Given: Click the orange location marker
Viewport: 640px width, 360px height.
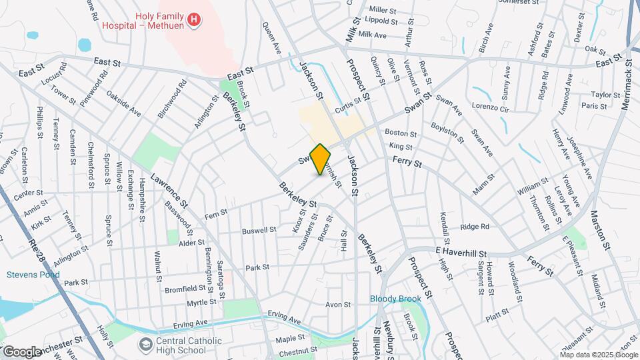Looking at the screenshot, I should (x=320, y=159).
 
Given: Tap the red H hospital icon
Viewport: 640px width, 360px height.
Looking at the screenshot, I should (x=194, y=21).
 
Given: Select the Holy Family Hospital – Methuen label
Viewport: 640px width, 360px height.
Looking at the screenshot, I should (x=143, y=20).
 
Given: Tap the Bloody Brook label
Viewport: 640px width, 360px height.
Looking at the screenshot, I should (x=396, y=299).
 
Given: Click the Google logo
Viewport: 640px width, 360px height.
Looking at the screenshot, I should (x=22, y=351).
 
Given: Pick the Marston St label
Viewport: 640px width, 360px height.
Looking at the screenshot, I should (x=599, y=231).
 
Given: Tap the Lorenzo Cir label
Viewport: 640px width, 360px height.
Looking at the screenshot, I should (x=490, y=107).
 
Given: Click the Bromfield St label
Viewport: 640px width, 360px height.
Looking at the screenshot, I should (x=185, y=289).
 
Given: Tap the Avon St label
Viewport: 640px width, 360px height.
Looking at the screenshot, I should (x=338, y=305).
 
